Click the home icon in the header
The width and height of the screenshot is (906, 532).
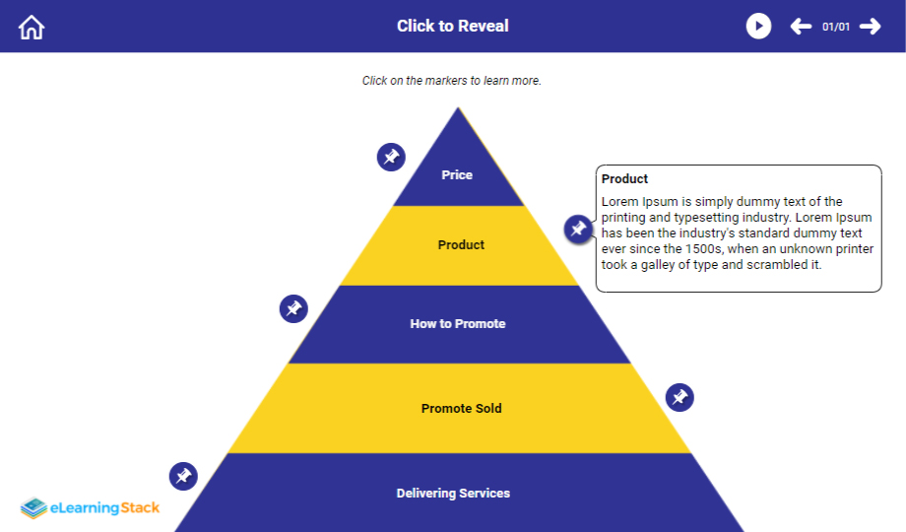[32, 27]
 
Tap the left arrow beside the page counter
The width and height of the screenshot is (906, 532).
[801, 27]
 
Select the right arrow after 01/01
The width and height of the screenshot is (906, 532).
[870, 27]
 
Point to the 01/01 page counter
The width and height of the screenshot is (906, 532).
[835, 27]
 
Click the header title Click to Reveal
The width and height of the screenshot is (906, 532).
[453, 27]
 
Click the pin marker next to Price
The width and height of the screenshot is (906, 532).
[391, 157]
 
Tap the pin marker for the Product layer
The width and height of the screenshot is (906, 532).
[578, 230]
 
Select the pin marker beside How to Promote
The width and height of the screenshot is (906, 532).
[293, 308]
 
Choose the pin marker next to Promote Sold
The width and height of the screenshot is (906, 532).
[679, 398]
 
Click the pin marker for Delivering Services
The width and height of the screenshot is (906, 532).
[183, 477]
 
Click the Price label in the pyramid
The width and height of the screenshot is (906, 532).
[457, 175]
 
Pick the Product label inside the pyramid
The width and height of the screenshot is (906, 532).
[461, 245]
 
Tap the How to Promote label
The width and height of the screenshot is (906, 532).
[458, 324]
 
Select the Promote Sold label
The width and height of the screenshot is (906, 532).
[461, 409]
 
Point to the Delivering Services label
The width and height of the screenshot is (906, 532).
[453, 494]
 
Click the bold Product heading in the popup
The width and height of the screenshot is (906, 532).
[624, 179]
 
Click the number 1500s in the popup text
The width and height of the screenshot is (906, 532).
[703, 249]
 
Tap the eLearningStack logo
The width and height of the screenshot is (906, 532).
[91, 508]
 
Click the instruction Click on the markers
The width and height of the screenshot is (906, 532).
[451, 81]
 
